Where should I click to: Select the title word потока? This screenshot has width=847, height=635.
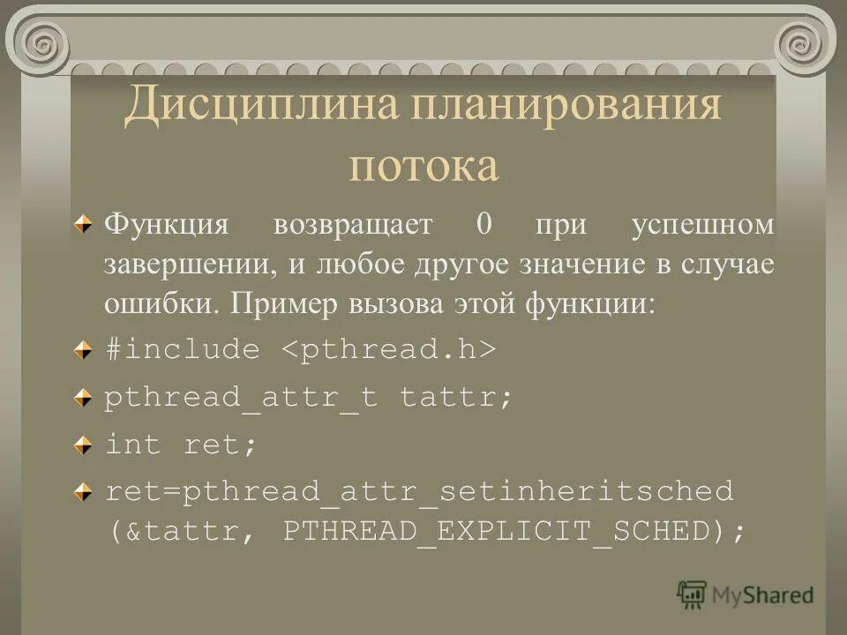pyautogui.click(x=423, y=166)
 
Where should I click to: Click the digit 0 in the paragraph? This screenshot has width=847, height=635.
pyautogui.click(x=483, y=224)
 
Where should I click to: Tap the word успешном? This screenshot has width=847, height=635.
pyautogui.click(x=703, y=226)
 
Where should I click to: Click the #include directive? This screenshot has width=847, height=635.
pyautogui.click(x=183, y=350)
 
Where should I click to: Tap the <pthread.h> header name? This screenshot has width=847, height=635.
pyautogui.click(x=389, y=350)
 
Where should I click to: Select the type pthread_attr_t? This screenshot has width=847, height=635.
pyautogui.click(x=241, y=397)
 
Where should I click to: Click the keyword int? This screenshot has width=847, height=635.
pyautogui.click(x=133, y=444)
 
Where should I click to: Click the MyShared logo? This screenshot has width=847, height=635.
pyautogui.click(x=746, y=594)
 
